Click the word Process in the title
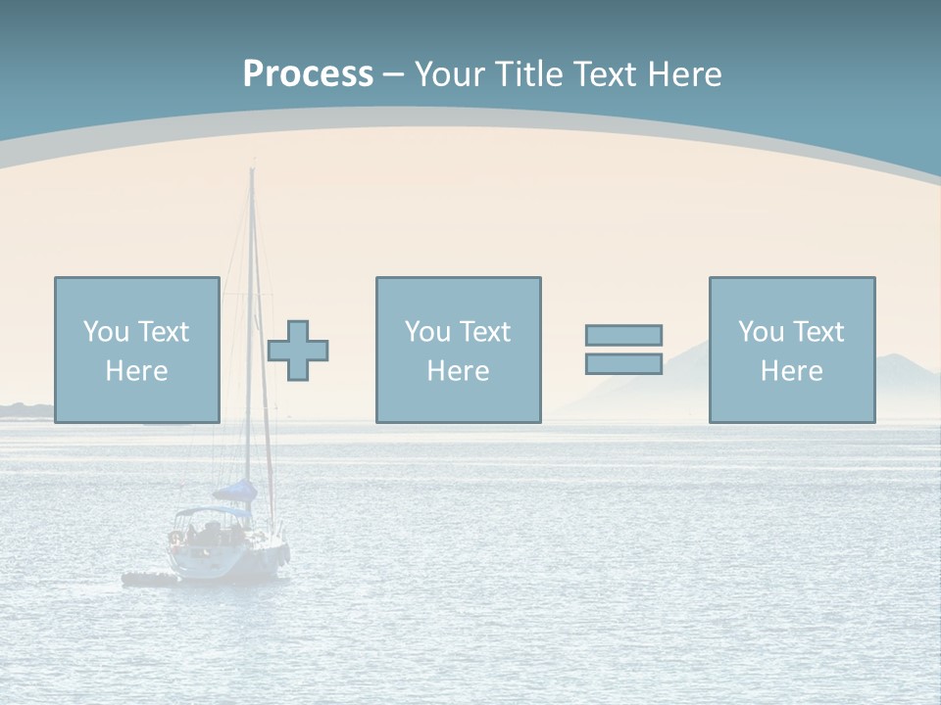click(308, 74)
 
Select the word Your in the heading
click(450, 74)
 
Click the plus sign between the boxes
click(298, 351)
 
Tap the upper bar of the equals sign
click(623, 336)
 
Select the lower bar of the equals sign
click(623, 363)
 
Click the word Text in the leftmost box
click(163, 332)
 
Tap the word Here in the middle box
click(458, 371)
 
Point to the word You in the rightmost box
click(762, 332)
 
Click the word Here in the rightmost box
click(791, 371)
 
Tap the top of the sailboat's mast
click(252, 171)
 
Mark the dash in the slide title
click(394, 75)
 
